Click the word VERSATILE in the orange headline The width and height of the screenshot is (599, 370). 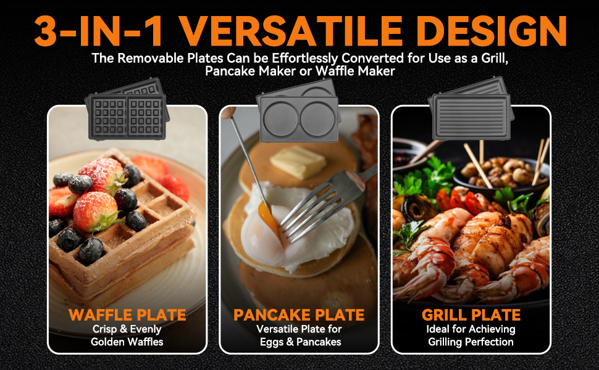[x=297, y=29]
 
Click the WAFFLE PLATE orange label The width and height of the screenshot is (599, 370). [x=127, y=315]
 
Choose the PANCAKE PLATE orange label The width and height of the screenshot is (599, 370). [x=299, y=315]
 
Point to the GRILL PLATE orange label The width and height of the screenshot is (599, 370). [x=471, y=315]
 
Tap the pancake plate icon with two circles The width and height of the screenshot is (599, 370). [x=298, y=113]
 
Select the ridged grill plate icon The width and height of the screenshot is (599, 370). [x=471, y=116]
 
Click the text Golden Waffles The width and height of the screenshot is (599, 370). [x=127, y=342]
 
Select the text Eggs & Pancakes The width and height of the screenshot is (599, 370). [x=299, y=342]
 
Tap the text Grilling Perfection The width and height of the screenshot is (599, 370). [x=471, y=342]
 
